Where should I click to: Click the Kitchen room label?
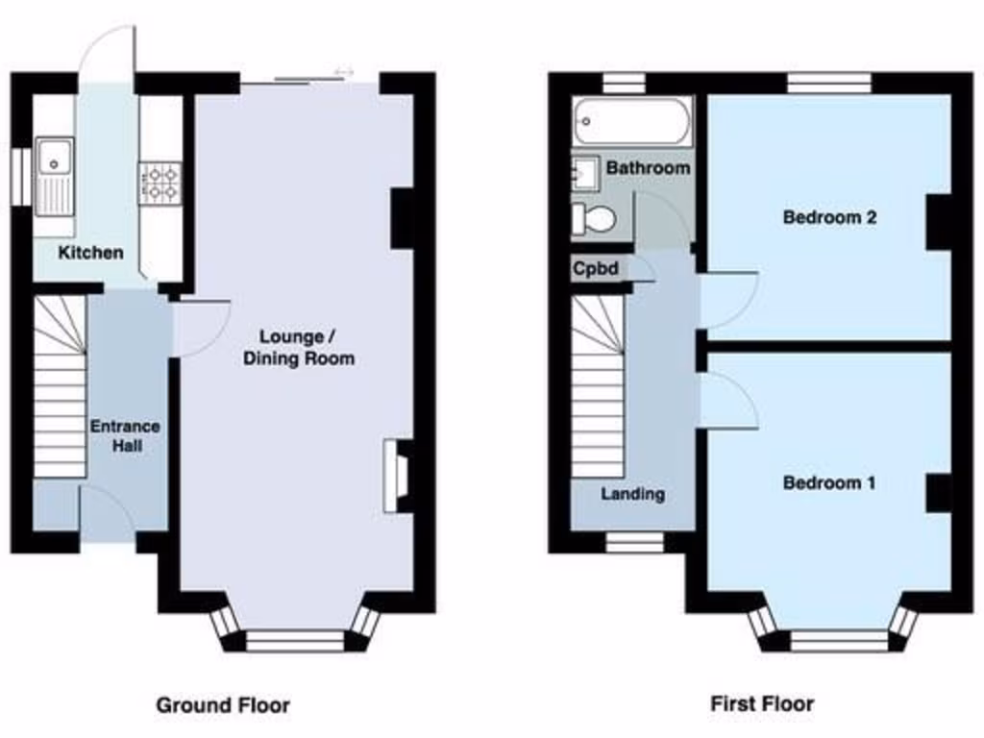coord(91,253)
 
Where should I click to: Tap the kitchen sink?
coord(55,174)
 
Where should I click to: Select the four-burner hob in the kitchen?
coord(160,184)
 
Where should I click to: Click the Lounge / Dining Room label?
coord(298,348)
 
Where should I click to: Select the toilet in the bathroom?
coord(593,219)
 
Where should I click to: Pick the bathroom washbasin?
coord(585,174)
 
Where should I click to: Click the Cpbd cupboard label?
coord(596,269)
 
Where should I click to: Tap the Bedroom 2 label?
coord(829,217)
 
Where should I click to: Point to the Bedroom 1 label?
coord(829,482)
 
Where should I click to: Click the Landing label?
coord(632,494)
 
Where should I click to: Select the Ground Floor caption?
coord(223,705)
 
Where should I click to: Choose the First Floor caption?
coord(762,704)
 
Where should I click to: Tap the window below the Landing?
coord(634,543)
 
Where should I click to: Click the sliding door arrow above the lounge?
coord(343,73)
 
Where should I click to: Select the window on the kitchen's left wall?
coord(17,176)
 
